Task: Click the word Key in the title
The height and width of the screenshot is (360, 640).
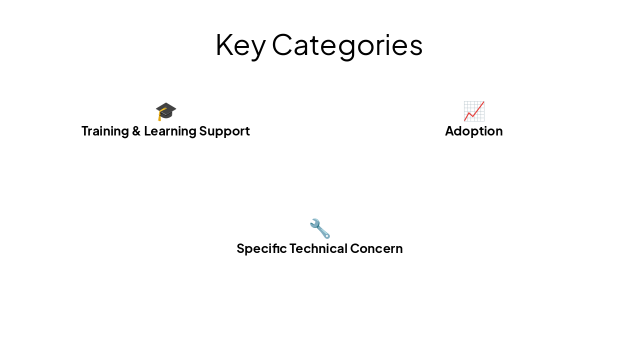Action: (x=240, y=45)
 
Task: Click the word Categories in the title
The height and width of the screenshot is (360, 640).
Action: (x=347, y=45)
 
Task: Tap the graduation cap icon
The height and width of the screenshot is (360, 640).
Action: (x=166, y=110)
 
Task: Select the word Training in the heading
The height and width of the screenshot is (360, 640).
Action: (x=104, y=131)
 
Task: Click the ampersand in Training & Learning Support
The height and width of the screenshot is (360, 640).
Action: (x=135, y=131)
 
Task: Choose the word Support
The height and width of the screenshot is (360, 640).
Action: (x=224, y=131)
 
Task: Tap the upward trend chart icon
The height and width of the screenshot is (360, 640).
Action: (x=473, y=110)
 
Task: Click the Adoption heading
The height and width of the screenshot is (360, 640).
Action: (x=473, y=131)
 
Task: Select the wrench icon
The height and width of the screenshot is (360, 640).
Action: (x=319, y=228)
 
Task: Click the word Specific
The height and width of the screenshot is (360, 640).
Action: (x=261, y=248)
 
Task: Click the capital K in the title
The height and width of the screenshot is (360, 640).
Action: (x=223, y=44)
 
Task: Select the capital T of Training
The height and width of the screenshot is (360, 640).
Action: (x=85, y=131)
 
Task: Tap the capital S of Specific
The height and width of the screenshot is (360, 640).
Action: (x=240, y=248)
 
